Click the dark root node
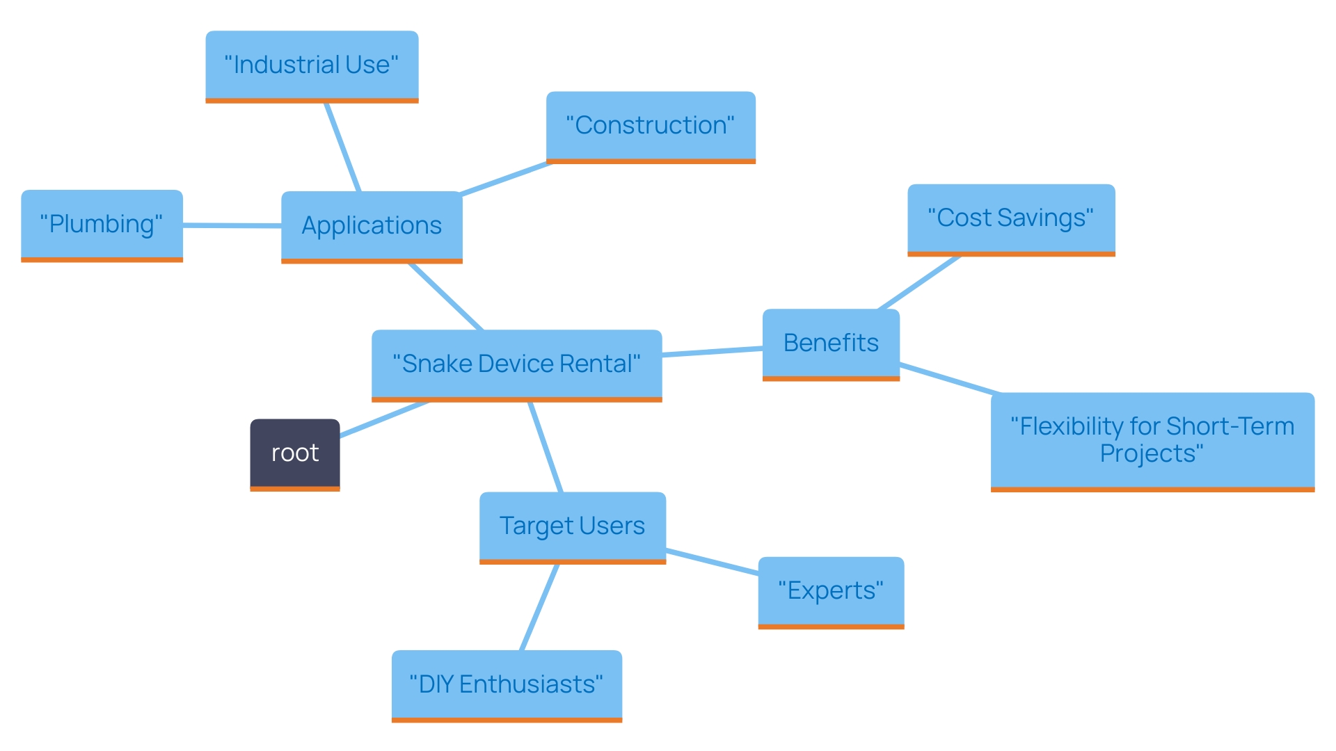pos(295,453)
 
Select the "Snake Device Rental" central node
pos(516,364)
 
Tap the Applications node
pos(372,226)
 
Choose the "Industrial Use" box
pos(312,65)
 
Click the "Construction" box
pos(651,126)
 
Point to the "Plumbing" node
pos(102,225)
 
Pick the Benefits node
pos(831,344)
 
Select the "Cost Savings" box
pos(1011,218)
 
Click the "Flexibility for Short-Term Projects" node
pos(1152,440)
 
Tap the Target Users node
pos(573,526)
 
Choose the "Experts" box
pos(831,591)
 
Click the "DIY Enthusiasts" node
pos(507,685)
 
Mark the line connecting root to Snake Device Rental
pos(383,419)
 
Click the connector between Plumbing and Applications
pos(232,225)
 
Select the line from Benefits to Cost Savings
pos(919,282)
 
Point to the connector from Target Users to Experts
pos(712,562)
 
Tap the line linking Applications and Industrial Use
pos(342,147)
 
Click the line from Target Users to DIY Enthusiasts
pos(540,606)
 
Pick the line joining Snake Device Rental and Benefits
pos(712,352)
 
